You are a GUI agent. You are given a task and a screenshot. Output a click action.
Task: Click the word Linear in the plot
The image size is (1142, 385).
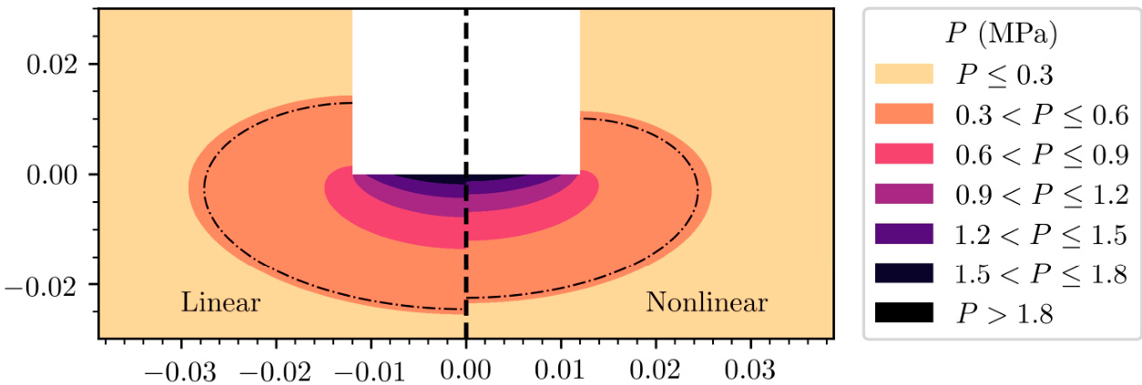[x=221, y=302]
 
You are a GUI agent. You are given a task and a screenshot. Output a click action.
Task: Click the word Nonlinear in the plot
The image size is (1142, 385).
[x=707, y=302]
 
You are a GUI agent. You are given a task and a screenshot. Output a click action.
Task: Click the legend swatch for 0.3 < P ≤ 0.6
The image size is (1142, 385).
[x=903, y=115]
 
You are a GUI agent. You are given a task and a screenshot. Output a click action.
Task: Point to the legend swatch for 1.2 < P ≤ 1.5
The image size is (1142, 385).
[x=903, y=233]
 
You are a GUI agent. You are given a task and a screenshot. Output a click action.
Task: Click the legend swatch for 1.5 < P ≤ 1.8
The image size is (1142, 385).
[x=903, y=273]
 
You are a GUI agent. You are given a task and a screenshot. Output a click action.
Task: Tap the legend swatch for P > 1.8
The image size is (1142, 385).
[x=903, y=313]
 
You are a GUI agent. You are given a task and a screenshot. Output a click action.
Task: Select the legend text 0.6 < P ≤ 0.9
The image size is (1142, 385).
[x=1041, y=154]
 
